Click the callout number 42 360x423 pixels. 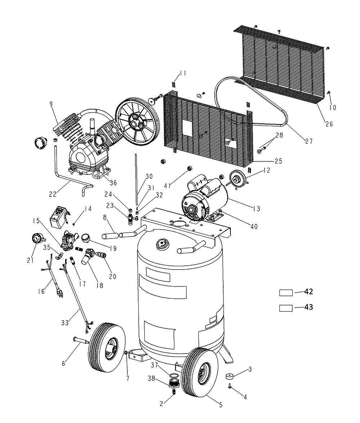[309, 291]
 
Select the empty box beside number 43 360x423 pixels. [286, 308]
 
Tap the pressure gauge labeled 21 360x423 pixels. [36, 238]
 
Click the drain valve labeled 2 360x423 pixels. [174, 391]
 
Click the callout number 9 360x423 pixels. [51, 104]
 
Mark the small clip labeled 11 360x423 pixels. [174, 84]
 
